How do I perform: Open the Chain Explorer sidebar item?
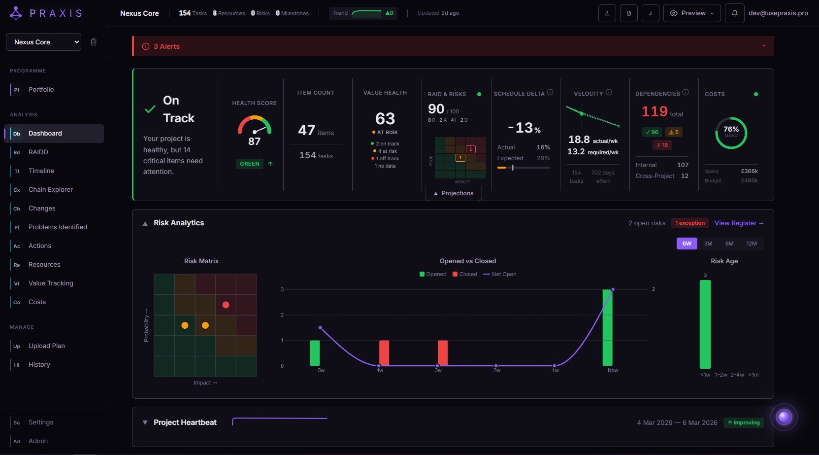[50, 189]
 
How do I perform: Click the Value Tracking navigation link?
[51, 283]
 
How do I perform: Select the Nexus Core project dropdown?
[43, 42]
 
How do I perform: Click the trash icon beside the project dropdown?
[94, 42]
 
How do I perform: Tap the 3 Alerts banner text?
[166, 46]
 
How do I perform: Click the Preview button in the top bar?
[692, 13]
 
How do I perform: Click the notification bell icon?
[734, 13]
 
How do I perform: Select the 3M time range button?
[708, 244]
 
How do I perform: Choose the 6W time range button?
[687, 244]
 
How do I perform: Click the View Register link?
[739, 223]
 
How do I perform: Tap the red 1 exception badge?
[690, 223]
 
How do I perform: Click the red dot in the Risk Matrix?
[226, 305]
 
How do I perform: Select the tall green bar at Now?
[607, 328]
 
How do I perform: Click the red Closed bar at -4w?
[384, 353]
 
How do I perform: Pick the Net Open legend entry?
[500, 274]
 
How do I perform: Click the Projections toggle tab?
[453, 193]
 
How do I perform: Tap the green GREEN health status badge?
[250, 164]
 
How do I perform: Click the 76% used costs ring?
[731, 133]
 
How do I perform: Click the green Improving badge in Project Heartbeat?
[744, 422]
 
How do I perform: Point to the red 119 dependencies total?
[655, 111]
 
